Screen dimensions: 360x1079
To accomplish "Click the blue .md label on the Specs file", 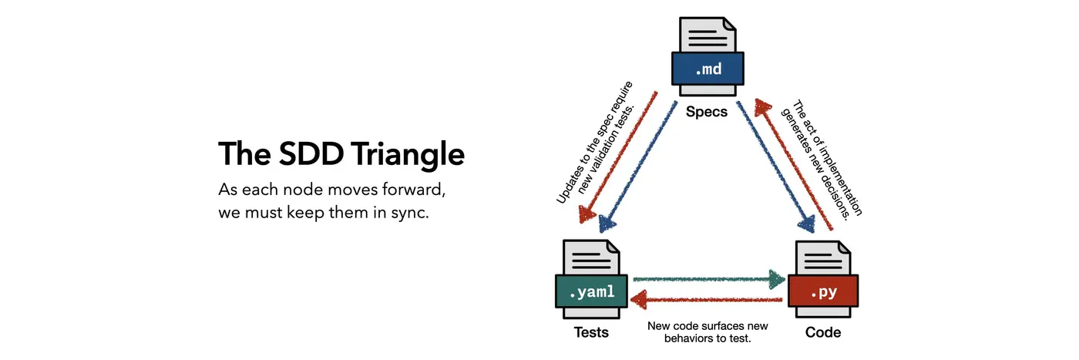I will click(x=708, y=69).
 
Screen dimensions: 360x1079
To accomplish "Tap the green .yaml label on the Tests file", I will click(x=591, y=292).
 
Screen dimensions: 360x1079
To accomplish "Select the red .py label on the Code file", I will click(x=822, y=292).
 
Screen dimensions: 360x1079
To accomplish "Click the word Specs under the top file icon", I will click(x=707, y=112).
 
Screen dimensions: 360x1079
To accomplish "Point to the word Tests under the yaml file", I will click(x=591, y=333).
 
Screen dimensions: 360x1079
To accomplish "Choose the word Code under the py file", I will click(x=822, y=333).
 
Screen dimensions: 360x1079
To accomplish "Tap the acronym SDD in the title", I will click(x=292, y=154).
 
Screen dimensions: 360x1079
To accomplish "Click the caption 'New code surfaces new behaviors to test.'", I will click(x=708, y=331).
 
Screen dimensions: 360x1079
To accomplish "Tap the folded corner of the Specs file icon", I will click(x=731, y=25).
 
